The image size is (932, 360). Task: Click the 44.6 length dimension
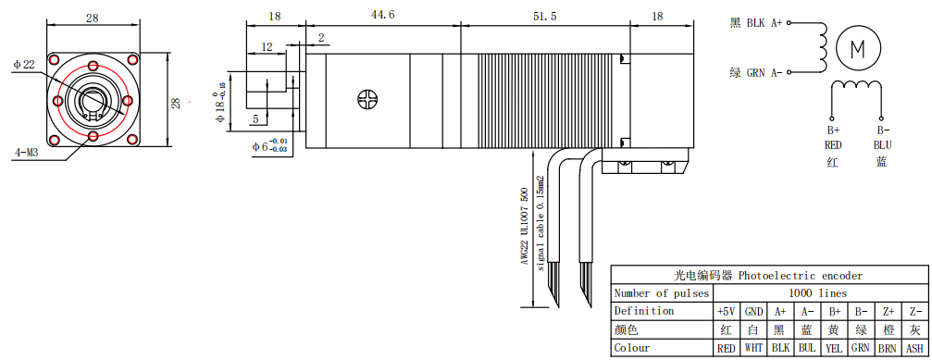[383, 15]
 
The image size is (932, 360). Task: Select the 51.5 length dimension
[544, 17]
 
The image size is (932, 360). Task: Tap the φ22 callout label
[24, 64]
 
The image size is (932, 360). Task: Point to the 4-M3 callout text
[26, 153]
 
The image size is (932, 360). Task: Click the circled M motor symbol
[858, 50]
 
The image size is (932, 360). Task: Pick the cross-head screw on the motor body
[367, 99]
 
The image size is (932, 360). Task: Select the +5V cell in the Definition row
[726, 311]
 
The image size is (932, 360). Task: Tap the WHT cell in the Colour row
[753, 348]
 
